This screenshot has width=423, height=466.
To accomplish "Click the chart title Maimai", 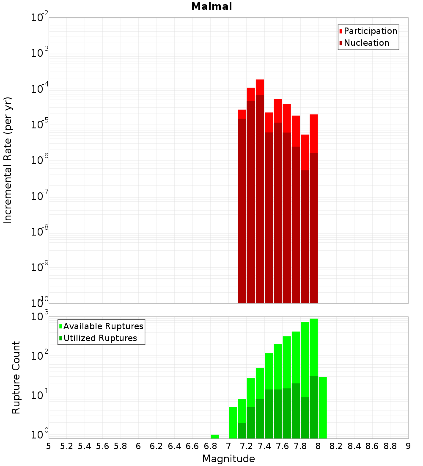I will coord(211,6).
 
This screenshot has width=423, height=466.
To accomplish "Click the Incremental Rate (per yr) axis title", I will coord(8,160).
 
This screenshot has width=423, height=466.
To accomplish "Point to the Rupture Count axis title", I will coord(16,377).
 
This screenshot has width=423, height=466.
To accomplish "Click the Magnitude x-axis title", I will coord(228,459).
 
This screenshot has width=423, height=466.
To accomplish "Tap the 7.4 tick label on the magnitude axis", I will coord(264,446).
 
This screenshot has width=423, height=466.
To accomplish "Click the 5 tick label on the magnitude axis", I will coord(49,446).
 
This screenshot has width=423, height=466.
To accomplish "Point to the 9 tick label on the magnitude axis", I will coord(408,446).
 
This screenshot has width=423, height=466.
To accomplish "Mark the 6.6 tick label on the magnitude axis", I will coord(192,446).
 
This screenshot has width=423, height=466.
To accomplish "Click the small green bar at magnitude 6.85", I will coord(215,436).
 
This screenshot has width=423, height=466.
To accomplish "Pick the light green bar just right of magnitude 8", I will coord(323,407).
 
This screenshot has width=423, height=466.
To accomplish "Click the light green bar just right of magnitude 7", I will coord(233,422).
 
